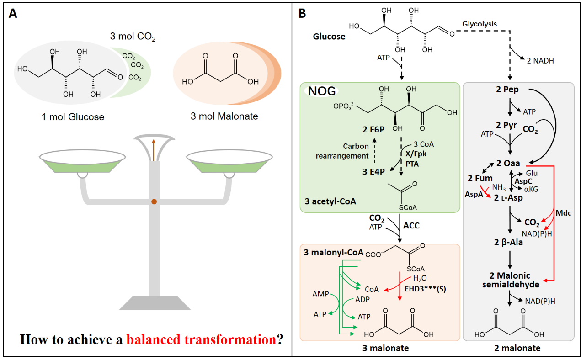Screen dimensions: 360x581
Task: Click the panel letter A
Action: tap(13, 14)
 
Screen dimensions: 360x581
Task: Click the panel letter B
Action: tap(302, 14)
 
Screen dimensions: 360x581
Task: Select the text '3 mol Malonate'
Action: tap(224, 116)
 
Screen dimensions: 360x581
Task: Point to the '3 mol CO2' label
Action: tap(133, 37)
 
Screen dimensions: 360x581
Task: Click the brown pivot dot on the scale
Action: tap(155, 201)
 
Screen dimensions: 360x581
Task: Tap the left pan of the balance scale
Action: tap(83, 162)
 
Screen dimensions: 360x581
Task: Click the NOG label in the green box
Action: tap(322, 91)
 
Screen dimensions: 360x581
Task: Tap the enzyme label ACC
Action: tap(411, 226)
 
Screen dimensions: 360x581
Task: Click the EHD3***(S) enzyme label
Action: tap(425, 289)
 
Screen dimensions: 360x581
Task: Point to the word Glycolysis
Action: tap(480, 24)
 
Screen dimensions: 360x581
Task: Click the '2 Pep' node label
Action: tap(509, 90)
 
